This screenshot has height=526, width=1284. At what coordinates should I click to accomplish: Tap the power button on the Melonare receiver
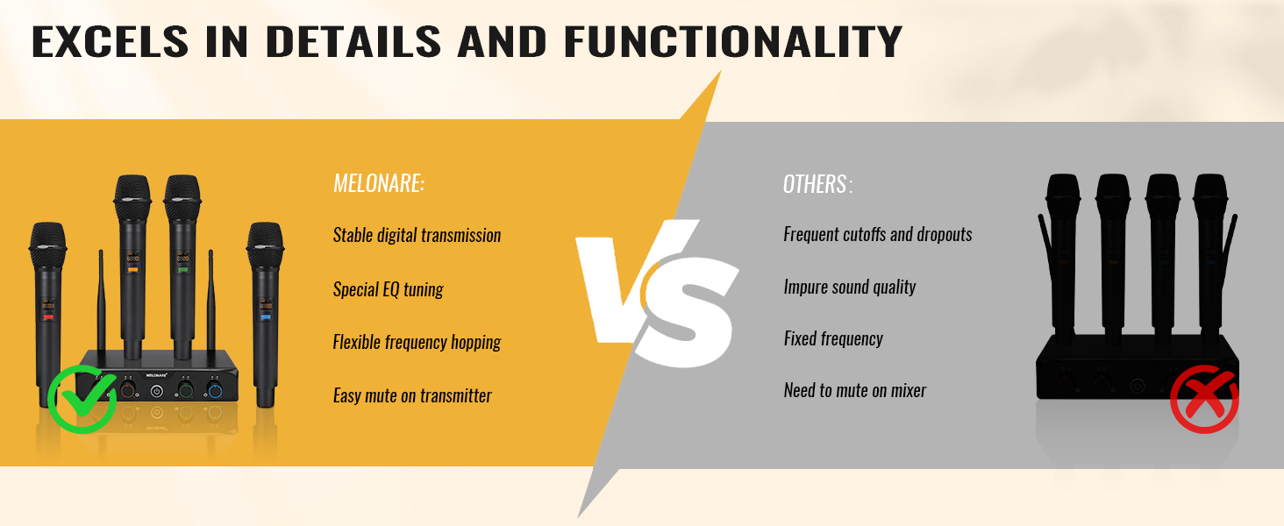tap(156, 392)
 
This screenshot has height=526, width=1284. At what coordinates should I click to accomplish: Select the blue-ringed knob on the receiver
tap(215, 391)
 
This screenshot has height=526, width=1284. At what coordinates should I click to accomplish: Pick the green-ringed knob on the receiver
tap(185, 391)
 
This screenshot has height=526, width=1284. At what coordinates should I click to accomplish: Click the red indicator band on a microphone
tap(48, 316)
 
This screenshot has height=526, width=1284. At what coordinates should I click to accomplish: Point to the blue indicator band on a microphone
tap(266, 316)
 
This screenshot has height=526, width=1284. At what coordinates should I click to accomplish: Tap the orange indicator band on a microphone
tap(133, 269)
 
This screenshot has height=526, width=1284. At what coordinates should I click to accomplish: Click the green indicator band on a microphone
tap(182, 269)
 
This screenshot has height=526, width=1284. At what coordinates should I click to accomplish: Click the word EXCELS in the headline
tap(110, 41)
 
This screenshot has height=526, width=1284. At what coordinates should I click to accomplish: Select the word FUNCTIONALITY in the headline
tap(733, 41)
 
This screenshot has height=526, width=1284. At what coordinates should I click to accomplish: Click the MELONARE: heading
tap(379, 183)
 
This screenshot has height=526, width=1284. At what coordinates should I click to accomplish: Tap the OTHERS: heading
tap(817, 184)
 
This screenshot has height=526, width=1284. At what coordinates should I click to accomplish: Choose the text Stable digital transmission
tap(417, 235)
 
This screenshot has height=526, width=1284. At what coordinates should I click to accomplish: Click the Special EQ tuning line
tap(388, 289)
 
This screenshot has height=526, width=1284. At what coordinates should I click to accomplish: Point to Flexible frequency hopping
tap(417, 342)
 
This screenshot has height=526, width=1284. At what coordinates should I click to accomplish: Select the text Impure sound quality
tap(850, 287)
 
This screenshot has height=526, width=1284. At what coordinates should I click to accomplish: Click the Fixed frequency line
tap(833, 338)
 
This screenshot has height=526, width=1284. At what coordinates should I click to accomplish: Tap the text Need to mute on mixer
tap(854, 390)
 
